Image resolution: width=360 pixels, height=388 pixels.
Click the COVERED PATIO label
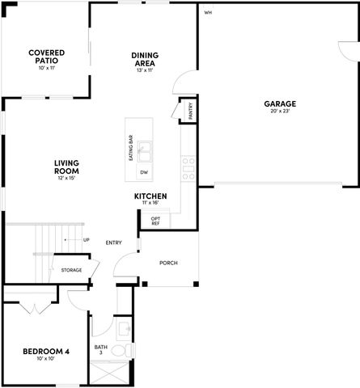46,56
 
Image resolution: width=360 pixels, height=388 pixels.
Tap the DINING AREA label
144,59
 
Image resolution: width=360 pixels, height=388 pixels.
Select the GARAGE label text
279,103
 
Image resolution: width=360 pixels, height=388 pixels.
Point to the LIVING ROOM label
66,167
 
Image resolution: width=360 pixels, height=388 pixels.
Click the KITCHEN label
150,196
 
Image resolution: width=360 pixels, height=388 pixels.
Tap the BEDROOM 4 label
45,351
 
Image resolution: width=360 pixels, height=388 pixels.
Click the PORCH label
167,263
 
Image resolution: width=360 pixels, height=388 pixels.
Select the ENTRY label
113,242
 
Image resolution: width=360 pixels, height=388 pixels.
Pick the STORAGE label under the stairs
71,270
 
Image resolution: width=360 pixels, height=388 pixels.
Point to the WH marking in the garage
208,13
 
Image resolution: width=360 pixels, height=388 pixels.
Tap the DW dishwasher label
144,173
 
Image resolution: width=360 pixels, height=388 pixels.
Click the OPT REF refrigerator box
155,219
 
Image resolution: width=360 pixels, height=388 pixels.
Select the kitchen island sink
145,150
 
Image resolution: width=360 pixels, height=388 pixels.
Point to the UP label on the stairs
87,240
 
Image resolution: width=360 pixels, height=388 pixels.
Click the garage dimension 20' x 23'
279,112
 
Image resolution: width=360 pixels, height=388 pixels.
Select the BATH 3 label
100,349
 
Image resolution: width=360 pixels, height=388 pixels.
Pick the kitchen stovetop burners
187,167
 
